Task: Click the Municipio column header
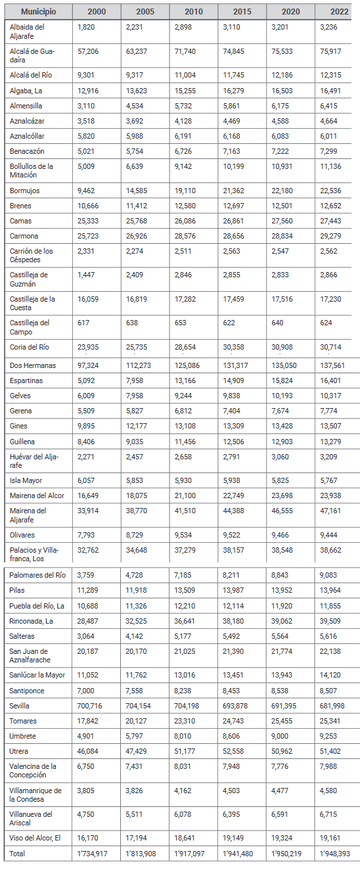tap(38, 12)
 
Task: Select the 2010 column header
tap(194, 12)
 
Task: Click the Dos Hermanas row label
tap(34, 365)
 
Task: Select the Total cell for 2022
tap(337, 854)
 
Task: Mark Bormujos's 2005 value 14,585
tap(139, 191)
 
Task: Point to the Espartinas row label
tap(26, 380)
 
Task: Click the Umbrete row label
tap(23, 736)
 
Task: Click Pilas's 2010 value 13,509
tap(187, 590)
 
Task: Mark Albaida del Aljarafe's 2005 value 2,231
tap(137, 27)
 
